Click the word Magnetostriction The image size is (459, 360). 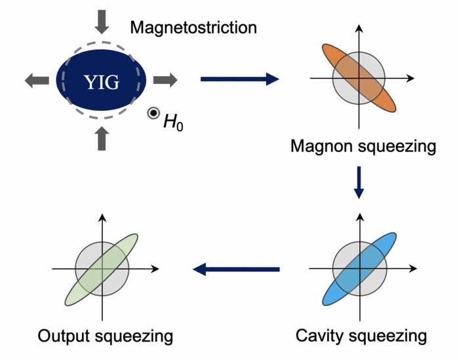(x=193, y=28)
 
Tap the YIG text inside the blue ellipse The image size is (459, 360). (x=102, y=82)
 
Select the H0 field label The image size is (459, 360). (x=173, y=122)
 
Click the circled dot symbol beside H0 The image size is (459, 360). (x=153, y=113)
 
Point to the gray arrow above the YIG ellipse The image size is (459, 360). (x=102, y=22)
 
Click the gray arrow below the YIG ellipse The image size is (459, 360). (x=102, y=138)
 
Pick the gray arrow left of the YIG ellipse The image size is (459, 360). (x=37, y=80)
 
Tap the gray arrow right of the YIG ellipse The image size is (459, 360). (x=165, y=80)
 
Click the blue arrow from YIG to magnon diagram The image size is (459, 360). (x=240, y=79)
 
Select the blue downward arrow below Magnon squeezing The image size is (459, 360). (x=359, y=183)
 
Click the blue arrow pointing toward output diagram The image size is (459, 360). (x=236, y=270)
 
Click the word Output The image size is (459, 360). (x=64, y=336)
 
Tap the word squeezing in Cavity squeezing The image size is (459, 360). (x=388, y=336)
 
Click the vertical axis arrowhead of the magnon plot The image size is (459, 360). (x=359, y=28)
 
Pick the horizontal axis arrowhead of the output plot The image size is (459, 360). (x=155, y=269)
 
